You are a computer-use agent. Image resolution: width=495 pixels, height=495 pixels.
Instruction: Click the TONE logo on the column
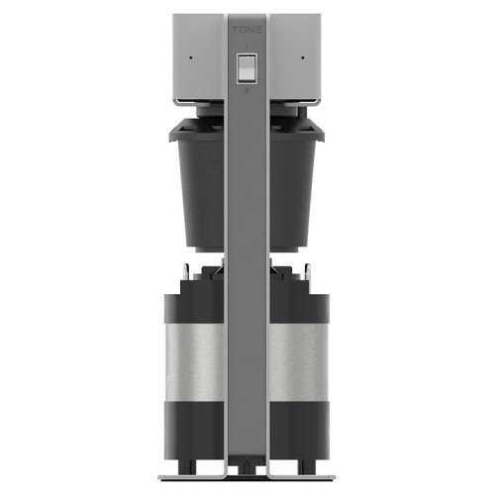pyautogui.click(x=247, y=30)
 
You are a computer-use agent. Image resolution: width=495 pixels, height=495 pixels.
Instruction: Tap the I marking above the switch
pyautogui.click(x=247, y=47)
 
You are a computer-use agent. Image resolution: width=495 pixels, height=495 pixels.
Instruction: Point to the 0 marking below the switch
pyautogui.click(x=247, y=90)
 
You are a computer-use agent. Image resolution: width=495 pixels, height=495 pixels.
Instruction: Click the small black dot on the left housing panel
pyautogui.click(x=191, y=58)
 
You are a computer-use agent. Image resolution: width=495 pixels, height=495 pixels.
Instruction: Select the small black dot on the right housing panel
pyautogui.click(x=303, y=57)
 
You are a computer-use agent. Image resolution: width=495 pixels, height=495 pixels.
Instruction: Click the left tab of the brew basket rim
pyautogui.click(x=172, y=136)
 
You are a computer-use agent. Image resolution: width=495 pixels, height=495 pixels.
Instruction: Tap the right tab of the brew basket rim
pyautogui.click(x=321, y=136)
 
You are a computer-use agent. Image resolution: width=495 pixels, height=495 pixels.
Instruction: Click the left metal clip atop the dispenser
pyautogui.click(x=186, y=271)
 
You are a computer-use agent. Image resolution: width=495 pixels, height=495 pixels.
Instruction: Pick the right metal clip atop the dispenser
pyautogui.click(x=308, y=271)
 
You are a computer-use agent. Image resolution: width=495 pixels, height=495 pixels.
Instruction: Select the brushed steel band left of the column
pyautogui.click(x=196, y=362)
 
